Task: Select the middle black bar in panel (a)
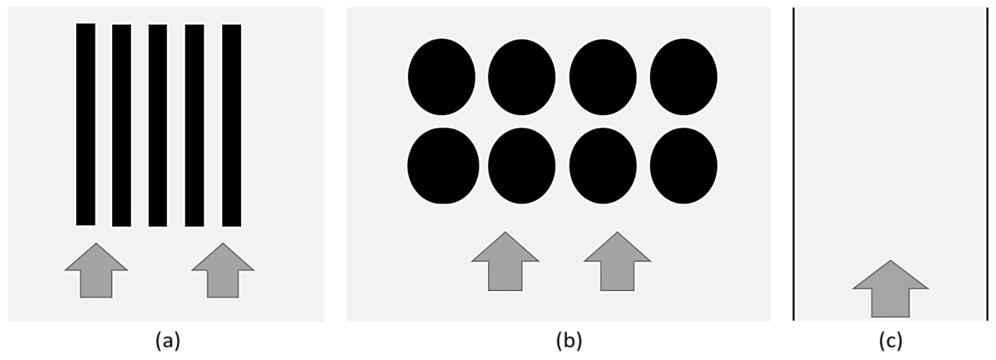158,125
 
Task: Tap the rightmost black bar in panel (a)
231,125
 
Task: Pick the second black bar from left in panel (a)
121,125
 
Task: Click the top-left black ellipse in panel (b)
441,77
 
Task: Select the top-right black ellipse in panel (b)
684,77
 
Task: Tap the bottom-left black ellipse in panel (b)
443,166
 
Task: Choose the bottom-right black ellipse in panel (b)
684,166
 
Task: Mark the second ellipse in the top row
522,77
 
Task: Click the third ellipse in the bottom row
603,166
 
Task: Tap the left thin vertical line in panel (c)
794,164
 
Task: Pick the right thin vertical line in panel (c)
987,164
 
